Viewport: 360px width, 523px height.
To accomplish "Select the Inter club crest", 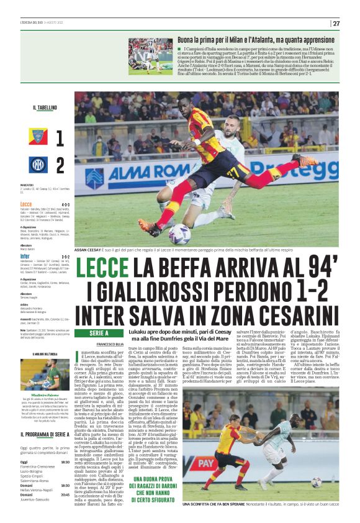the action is pyautogui.click(x=37, y=165).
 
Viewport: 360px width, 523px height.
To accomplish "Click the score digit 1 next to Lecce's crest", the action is pyautogui.click(x=60, y=138).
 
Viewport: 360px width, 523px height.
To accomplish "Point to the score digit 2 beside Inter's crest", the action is pyautogui.click(x=60, y=166).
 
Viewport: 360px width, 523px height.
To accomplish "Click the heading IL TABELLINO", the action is pyautogui.click(x=45, y=107).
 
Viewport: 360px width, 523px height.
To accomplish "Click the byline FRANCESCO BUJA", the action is pyautogui.click(x=110, y=343).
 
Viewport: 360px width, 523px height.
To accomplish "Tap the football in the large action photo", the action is pyautogui.click(x=179, y=235).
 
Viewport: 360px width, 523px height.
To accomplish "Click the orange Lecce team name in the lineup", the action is pyautogui.click(x=26, y=204).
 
